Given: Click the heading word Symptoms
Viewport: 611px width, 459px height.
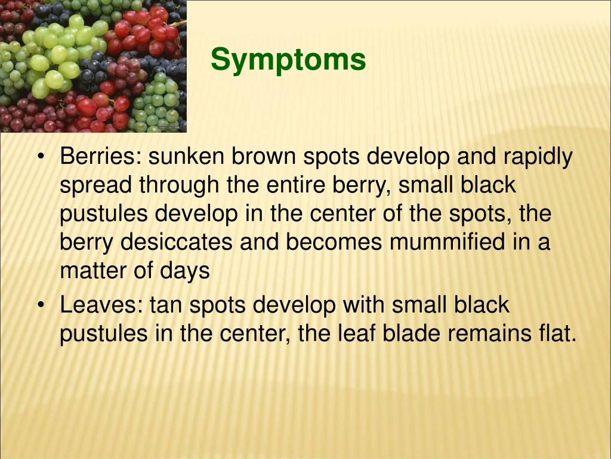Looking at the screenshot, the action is pos(288,60).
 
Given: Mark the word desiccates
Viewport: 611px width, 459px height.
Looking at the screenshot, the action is pos(177,241).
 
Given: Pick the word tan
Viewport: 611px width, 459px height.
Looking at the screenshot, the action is pos(166,305).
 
